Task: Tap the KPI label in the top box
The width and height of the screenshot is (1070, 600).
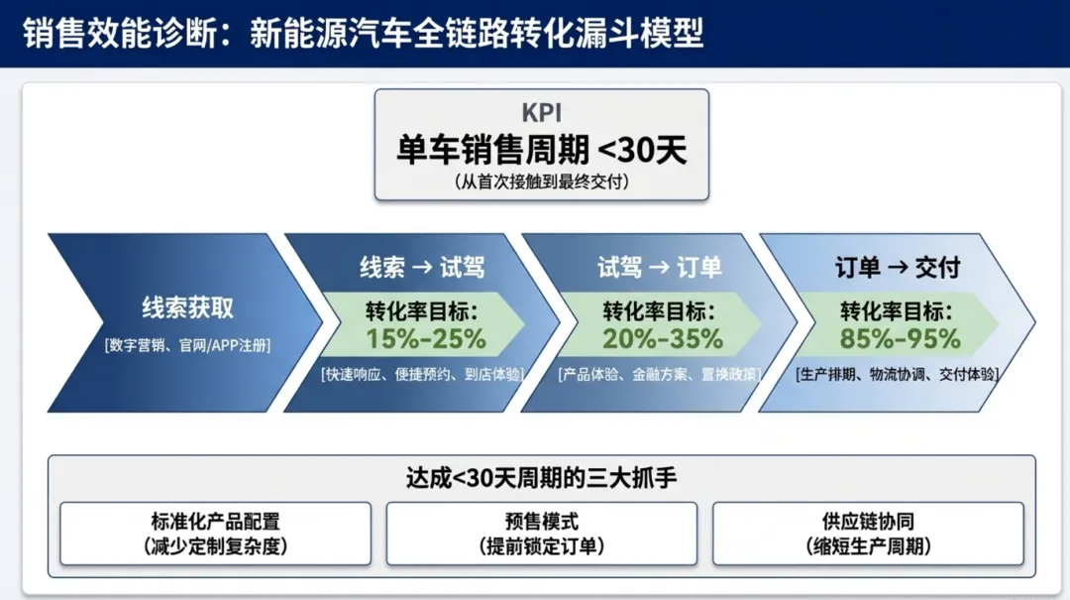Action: click(x=541, y=112)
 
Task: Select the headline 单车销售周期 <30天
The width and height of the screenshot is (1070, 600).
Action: click(x=541, y=151)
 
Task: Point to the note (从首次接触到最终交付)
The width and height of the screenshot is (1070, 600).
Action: click(x=541, y=182)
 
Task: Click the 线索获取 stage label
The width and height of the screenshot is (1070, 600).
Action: click(x=187, y=307)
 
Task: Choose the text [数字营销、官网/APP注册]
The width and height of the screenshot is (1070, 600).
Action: click(x=187, y=345)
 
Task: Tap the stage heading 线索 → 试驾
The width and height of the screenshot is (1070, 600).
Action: click(x=421, y=268)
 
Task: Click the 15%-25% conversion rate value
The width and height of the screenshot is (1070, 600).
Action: click(x=426, y=339)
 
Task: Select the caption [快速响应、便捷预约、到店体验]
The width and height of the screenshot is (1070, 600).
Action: click(x=422, y=374)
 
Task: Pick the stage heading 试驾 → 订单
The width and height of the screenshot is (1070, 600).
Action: click(x=659, y=268)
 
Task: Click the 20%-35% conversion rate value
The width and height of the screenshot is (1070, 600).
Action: click(x=663, y=339)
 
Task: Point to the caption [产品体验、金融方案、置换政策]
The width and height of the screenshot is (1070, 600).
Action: click(x=659, y=374)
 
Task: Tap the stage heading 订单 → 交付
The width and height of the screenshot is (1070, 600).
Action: click(x=897, y=268)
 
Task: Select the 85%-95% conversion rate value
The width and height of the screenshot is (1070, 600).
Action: click(x=901, y=339)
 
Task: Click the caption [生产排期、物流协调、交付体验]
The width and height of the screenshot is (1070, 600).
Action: click(x=897, y=374)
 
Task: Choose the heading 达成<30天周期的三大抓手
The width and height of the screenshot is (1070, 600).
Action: click(x=541, y=477)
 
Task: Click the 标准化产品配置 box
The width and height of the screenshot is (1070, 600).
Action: click(x=215, y=534)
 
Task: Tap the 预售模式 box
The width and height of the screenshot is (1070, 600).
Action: click(x=541, y=534)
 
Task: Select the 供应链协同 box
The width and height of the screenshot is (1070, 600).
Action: click(x=868, y=534)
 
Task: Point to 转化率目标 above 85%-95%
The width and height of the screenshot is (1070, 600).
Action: click(x=897, y=308)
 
